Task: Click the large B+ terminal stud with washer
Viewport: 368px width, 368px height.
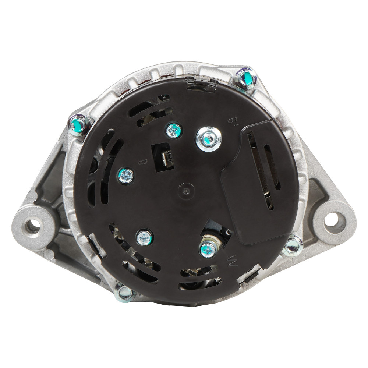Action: (x=208, y=139)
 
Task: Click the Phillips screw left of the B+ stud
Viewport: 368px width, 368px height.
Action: (x=174, y=130)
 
